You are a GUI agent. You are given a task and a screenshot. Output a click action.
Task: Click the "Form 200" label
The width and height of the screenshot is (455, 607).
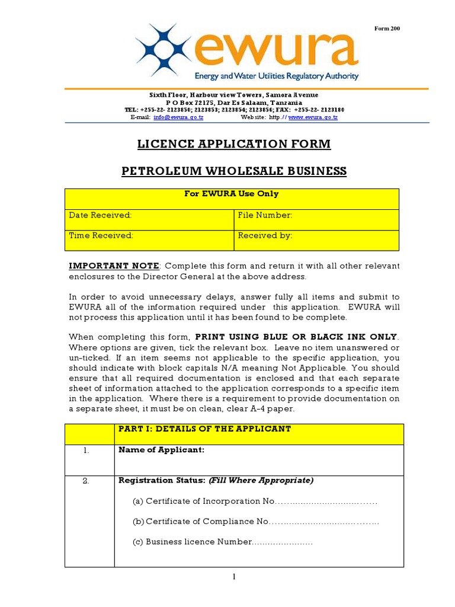pos(388,28)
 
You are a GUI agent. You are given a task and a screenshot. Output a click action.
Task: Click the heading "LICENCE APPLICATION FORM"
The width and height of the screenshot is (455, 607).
pos(234,144)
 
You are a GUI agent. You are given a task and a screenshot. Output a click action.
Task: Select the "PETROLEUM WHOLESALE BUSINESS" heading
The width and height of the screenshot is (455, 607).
pos(234,171)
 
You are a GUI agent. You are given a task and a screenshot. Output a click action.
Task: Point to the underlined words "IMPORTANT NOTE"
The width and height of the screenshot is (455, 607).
pos(114,266)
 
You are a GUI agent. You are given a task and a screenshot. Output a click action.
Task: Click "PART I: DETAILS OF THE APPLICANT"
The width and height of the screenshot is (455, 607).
pos(204,429)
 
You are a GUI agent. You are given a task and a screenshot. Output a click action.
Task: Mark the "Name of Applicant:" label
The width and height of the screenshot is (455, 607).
pos(161,450)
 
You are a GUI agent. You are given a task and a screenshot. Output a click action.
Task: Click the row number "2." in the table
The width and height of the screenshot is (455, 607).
pos(86,481)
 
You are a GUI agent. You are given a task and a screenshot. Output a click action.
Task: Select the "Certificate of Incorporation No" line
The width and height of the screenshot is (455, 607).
pos(255,501)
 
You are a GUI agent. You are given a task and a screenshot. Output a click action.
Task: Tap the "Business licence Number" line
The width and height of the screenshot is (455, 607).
pos(222,542)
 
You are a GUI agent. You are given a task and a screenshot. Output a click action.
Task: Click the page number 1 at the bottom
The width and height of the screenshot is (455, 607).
pos(234,577)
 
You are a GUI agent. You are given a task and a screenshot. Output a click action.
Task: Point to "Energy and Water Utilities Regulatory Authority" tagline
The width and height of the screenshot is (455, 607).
pos(277,76)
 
